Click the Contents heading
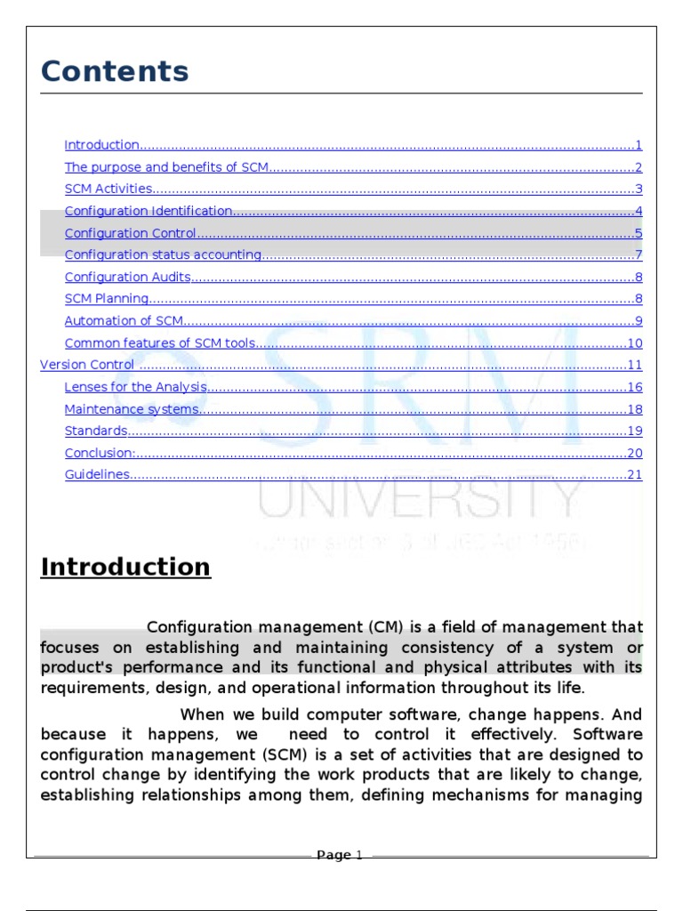[x=115, y=72]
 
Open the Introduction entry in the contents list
[x=102, y=145]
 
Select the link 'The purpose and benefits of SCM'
[x=166, y=167]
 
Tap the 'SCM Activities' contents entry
[x=108, y=189]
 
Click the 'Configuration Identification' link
[x=149, y=212]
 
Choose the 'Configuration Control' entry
[x=130, y=234]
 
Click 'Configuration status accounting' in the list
[x=163, y=255]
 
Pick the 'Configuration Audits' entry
[x=128, y=278]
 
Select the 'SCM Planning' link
[x=107, y=300]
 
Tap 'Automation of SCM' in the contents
[x=123, y=321]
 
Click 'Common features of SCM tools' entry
[x=160, y=343]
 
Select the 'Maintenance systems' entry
[x=132, y=409]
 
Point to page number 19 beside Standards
[x=634, y=431]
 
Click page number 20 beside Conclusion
[x=634, y=453]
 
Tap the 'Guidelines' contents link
[x=98, y=475]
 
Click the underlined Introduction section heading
[x=125, y=567]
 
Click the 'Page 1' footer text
[x=340, y=856]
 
